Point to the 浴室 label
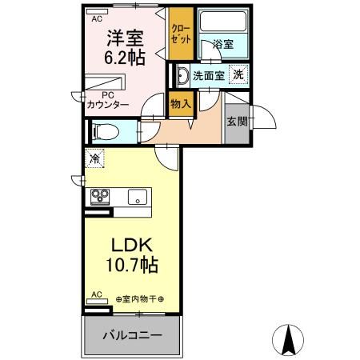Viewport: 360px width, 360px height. pyautogui.click(x=223, y=46)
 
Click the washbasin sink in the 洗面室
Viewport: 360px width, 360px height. pyautogui.click(x=182, y=77)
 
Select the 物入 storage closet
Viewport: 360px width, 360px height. pyautogui.click(x=181, y=104)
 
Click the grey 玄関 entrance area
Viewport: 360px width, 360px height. pyautogui.click(x=237, y=122)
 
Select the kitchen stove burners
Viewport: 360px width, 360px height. pyautogui.click(x=102, y=196)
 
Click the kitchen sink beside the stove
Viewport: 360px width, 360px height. pyautogui.click(x=137, y=196)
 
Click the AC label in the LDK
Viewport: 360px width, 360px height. pyautogui.click(x=96, y=295)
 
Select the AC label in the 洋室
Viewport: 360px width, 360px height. pyautogui.click(x=97, y=18)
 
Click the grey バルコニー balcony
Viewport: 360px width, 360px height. pyautogui.click(x=132, y=334)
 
